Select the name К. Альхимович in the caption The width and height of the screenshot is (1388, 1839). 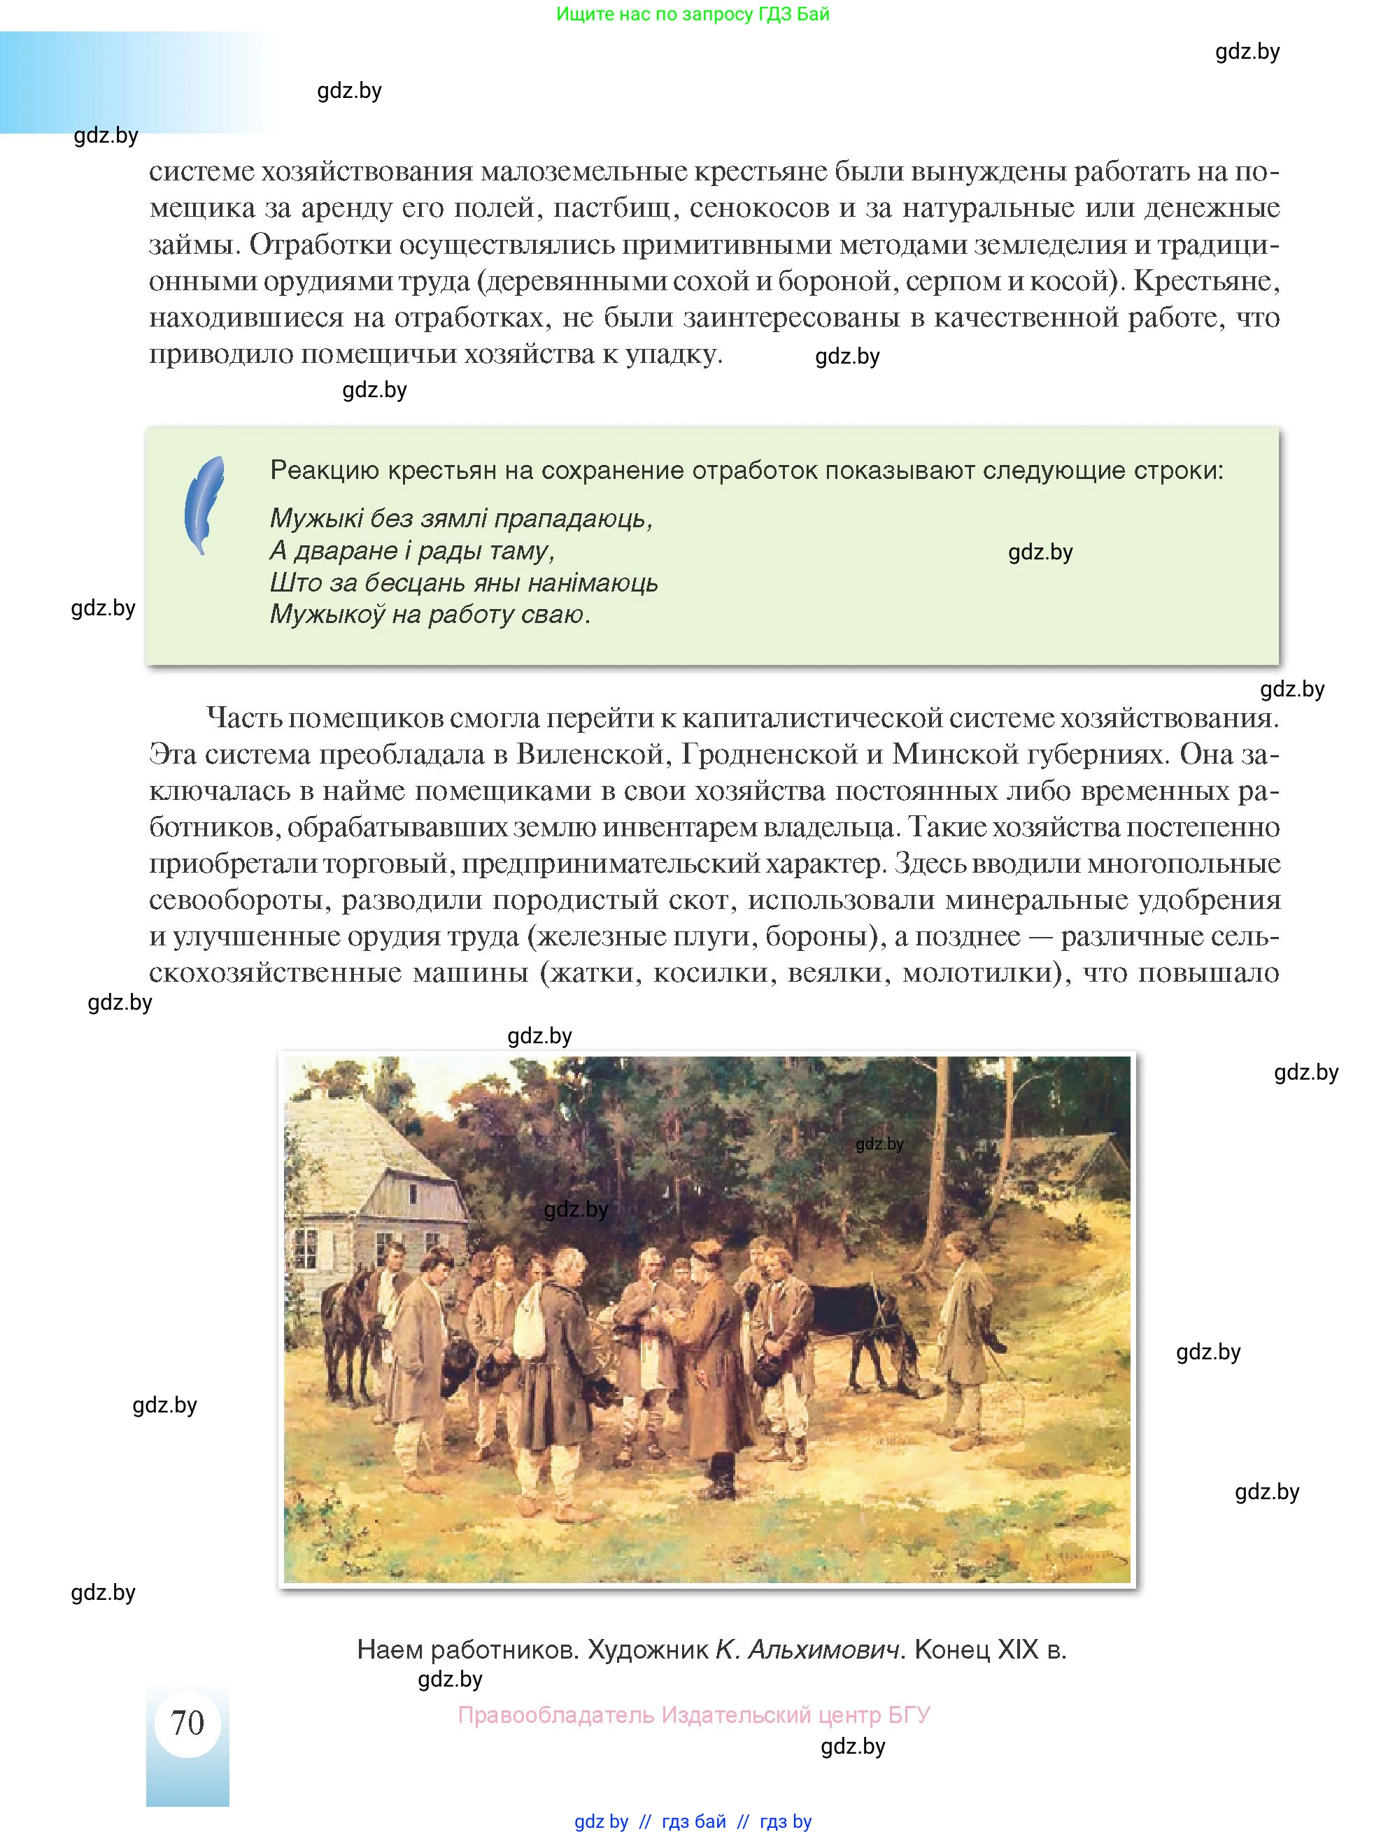click(808, 1649)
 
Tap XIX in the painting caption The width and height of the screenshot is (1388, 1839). click(1017, 1649)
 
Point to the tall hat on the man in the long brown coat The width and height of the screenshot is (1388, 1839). click(709, 1250)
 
